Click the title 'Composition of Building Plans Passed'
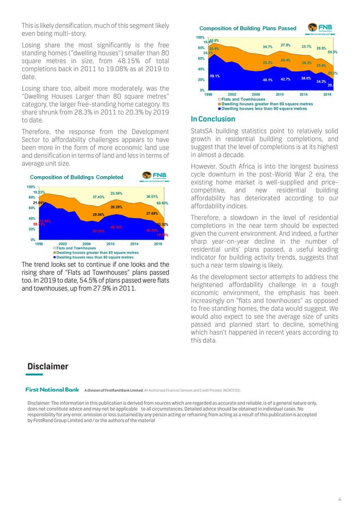248,28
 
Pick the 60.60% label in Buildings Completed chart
162,203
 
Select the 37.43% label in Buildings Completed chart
99,197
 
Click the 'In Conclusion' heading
214,119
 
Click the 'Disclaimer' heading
48,367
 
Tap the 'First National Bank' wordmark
52,389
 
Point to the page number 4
340,499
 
